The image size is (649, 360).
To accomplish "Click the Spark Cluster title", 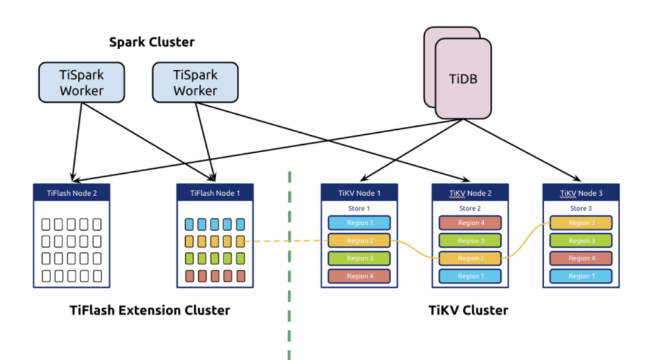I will tap(151, 43).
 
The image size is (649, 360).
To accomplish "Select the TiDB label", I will tap(463, 78).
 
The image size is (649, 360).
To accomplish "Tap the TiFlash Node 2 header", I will tap(72, 193).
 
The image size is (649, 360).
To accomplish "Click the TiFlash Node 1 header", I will tap(215, 193).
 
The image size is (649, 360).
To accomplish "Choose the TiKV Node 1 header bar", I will tap(359, 193).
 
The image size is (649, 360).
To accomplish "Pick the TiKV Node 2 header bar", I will tap(470, 193).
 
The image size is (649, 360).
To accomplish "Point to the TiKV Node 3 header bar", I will tap(580, 193).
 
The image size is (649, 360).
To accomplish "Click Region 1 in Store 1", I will tap(359, 223).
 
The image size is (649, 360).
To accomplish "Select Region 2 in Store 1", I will tap(359, 241).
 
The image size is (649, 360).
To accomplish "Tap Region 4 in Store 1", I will tap(359, 276).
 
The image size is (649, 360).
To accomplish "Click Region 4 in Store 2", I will tap(470, 223).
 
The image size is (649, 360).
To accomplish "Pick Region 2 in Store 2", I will tap(470, 258).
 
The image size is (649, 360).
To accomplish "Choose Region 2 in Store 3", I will tap(580, 223).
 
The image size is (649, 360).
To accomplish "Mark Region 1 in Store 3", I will tap(580, 276).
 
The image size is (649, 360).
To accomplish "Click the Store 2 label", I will tap(470, 209).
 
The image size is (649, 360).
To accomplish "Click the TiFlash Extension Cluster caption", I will tap(149, 311).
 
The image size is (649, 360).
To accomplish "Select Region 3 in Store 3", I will tap(580, 241).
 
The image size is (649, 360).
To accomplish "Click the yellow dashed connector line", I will tap(286, 242).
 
